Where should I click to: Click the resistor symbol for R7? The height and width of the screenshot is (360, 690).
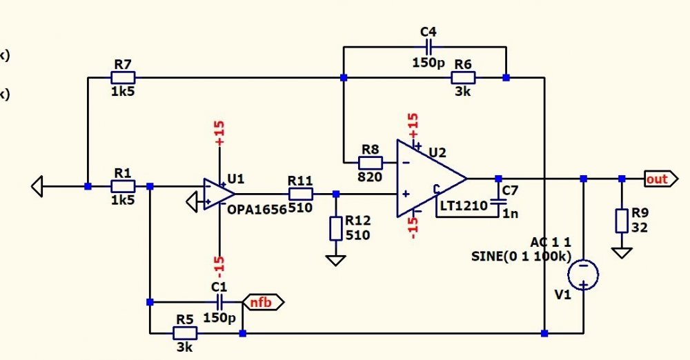coord(123,78)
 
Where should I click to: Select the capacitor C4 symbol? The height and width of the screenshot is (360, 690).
coord(429,47)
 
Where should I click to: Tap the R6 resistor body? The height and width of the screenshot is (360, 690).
coord(464,78)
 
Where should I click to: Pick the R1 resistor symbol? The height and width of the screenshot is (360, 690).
coord(123,186)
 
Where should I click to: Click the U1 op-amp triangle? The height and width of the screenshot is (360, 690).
coord(219,194)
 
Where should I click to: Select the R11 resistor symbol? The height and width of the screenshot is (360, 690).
coord(301,194)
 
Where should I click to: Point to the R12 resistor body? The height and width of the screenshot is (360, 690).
coord(336,228)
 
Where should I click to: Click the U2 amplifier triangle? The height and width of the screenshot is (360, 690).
coord(431,179)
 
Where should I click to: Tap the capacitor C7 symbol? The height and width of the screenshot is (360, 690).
coord(498,203)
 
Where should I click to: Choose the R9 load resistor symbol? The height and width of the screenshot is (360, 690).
coord(622,221)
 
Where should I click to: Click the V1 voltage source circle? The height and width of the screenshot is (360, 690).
coord(583,275)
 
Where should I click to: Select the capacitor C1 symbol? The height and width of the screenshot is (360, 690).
coord(221,302)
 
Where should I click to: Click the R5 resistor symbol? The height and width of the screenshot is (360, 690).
coord(185,333)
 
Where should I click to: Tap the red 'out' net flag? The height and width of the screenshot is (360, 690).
coord(661,179)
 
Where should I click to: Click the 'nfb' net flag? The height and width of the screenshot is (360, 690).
coord(264,302)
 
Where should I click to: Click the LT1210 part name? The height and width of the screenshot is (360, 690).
coord(464,205)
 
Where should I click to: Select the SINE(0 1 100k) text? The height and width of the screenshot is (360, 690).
coord(521,256)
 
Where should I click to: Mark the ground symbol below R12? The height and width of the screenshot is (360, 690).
coord(336,260)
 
